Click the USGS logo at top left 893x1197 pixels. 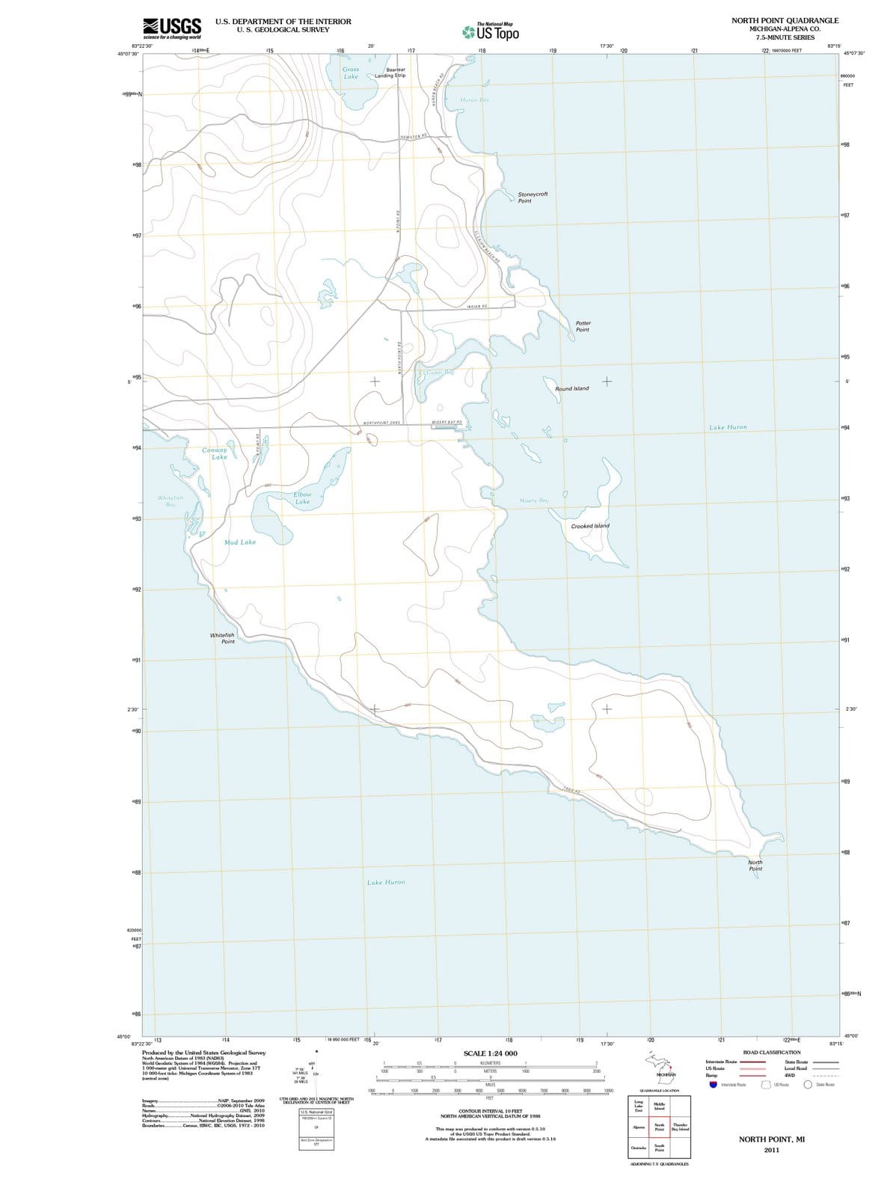click(x=171, y=28)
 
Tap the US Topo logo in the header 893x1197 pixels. click(x=491, y=32)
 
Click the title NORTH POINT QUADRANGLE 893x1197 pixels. click(x=785, y=20)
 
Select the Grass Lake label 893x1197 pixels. click(x=351, y=73)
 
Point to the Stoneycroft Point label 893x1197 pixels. click(x=533, y=198)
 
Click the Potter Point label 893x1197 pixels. click(x=583, y=326)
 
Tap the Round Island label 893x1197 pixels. click(x=571, y=389)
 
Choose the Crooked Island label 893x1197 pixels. click(x=590, y=526)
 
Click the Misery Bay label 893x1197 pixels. click(x=533, y=500)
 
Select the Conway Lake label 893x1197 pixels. click(x=215, y=453)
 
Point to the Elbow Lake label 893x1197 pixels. click(x=302, y=498)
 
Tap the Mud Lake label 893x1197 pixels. click(x=240, y=542)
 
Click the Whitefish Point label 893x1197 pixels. click(x=222, y=638)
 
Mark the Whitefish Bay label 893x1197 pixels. click(x=171, y=501)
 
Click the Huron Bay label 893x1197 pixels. click(x=475, y=100)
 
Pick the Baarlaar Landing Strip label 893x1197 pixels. click(x=390, y=73)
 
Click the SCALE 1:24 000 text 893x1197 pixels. click(x=491, y=1053)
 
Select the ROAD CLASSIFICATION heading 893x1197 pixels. click(x=772, y=1052)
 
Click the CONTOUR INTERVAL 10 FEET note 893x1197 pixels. click(x=490, y=1112)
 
